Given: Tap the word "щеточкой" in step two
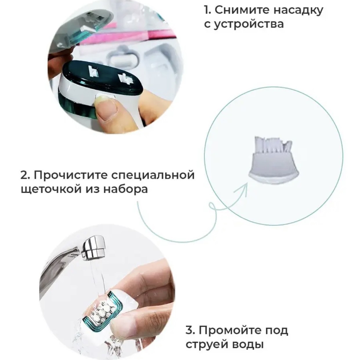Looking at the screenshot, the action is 51,190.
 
